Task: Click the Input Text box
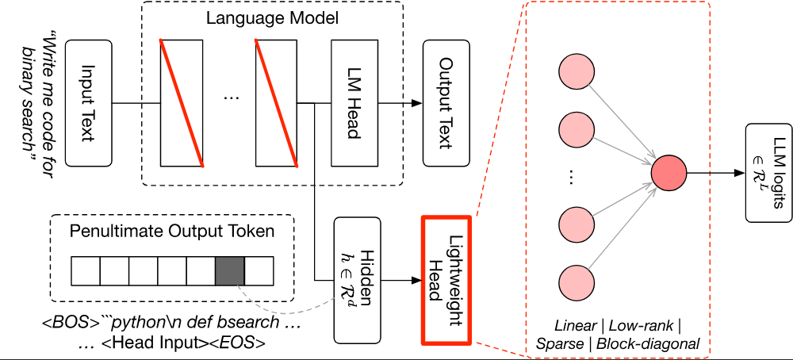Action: (88, 104)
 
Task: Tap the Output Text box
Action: (446, 104)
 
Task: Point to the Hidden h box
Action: (357, 281)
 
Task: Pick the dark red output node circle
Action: (668, 173)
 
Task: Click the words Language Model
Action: (272, 19)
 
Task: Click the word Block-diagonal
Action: (648, 344)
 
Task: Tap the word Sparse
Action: (561, 344)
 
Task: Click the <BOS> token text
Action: (71, 323)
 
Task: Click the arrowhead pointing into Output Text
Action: (416, 104)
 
